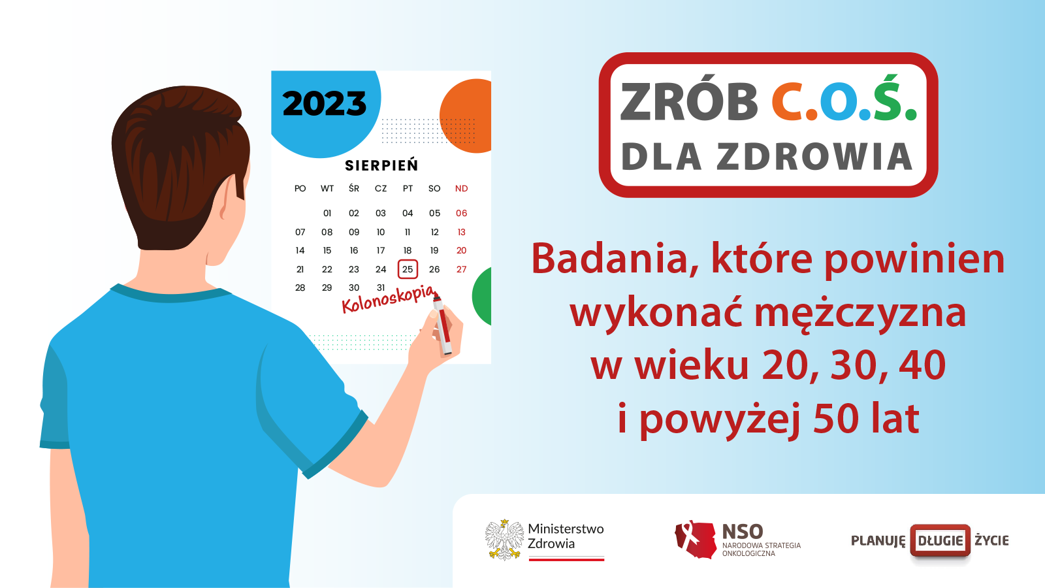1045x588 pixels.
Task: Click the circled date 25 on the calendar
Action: (x=408, y=269)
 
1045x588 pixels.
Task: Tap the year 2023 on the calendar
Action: (x=325, y=104)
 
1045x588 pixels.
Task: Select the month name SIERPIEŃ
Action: (x=381, y=166)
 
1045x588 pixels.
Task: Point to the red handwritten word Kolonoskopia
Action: (x=388, y=299)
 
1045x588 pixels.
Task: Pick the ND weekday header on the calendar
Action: (x=461, y=189)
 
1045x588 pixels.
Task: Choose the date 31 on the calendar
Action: (x=381, y=287)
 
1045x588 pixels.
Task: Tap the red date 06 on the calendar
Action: (x=461, y=213)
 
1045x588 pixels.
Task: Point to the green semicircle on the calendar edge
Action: (x=483, y=296)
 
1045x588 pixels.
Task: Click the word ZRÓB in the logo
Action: (x=689, y=103)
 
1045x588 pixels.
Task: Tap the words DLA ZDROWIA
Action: (x=767, y=157)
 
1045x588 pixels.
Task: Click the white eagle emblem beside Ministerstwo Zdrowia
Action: (x=504, y=540)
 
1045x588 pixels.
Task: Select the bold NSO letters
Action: (x=743, y=532)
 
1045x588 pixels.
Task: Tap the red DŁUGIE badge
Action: (x=940, y=540)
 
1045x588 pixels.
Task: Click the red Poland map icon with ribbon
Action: (x=695, y=540)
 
